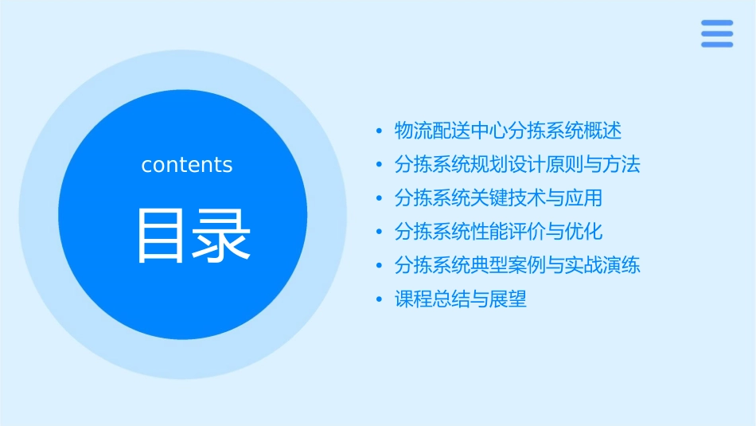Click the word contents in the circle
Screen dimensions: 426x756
coord(187,165)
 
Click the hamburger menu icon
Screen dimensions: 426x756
coord(716,33)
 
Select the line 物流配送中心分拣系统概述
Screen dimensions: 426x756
coord(508,131)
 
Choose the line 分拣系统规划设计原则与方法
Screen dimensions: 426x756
coord(517,165)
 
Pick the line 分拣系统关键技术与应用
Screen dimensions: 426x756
coord(498,197)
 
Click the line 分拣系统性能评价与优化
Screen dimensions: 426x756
coord(498,232)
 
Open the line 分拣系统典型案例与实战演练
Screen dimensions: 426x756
coord(517,265)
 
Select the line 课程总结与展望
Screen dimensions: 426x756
coord(460,299)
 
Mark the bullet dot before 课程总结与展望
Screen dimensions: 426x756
coord(380,300)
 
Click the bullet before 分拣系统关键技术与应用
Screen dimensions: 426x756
coord(380,198)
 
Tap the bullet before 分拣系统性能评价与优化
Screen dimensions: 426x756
coord(380,233)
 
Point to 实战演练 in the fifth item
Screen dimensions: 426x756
coord(603,265)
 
